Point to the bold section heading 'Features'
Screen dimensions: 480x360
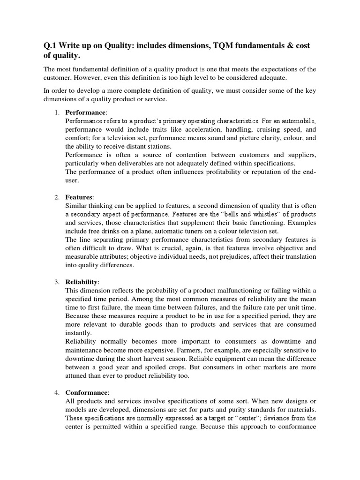point(79,197)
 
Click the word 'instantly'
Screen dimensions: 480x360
point(78,333)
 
